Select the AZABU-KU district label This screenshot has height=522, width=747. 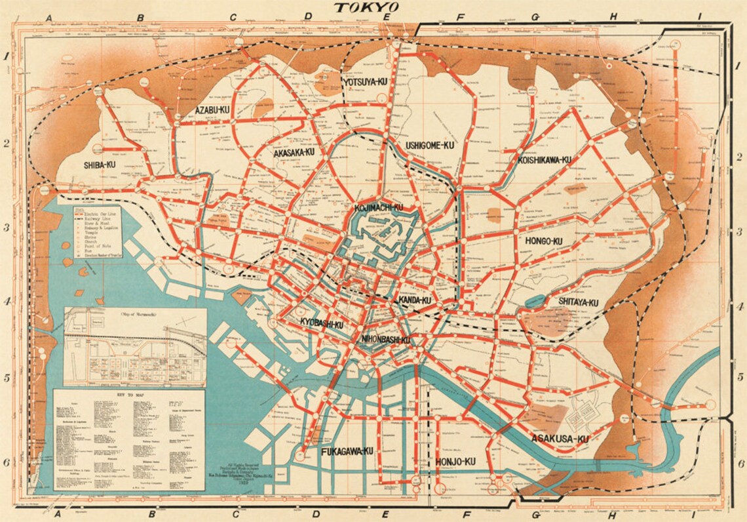(x=212, y=110)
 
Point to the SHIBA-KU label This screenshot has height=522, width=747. (x=100, y=165)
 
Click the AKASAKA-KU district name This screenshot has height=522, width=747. (x=294, y=152)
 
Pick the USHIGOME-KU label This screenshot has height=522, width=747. (x=430, y=145)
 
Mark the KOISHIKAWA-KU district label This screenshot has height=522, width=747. (x=544, y=160)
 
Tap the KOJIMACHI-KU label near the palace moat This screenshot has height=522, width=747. (x=378, y=208)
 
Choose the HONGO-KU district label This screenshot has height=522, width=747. (x=543, y=241)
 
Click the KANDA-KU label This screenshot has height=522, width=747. (x=414, y=300)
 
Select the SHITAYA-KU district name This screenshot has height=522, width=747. (x=578, y=302)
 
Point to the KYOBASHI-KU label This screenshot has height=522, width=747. (x=322, y=324)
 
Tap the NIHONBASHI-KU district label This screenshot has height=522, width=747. (x=385, y=340)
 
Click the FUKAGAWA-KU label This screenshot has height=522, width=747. (x=347, y=451)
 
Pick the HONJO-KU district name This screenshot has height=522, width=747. (x=455, y=462)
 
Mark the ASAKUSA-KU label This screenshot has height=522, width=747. (x=560, y=438)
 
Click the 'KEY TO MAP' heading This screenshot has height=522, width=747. (x=129, y=397)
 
